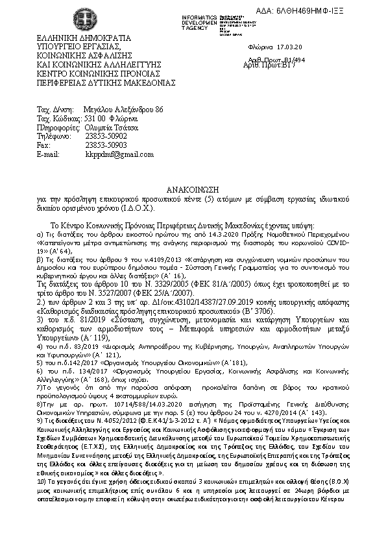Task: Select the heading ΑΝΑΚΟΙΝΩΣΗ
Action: click(x=195, y=187)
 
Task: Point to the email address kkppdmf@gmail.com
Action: click(x=120, y=154)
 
